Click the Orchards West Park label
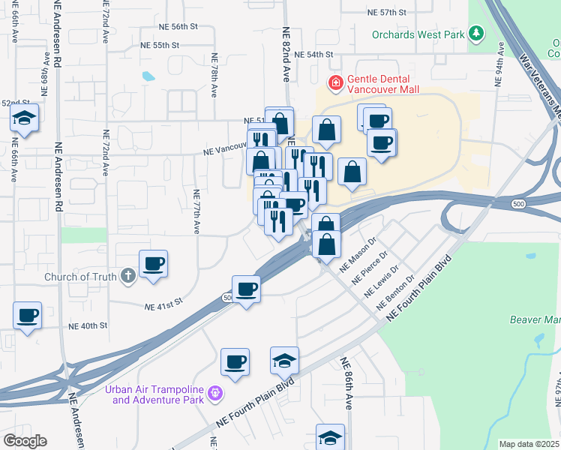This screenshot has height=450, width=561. pos(418,34)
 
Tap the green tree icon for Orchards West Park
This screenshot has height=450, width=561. pos(475,34)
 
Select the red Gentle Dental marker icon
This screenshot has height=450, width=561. pos(335,82)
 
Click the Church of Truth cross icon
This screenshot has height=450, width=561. pos(128,276)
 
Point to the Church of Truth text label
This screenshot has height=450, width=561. pos(80,277)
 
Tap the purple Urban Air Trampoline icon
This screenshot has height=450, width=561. pos(215,391)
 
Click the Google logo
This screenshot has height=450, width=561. pos(24,441)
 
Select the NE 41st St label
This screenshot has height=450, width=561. pos(163,305)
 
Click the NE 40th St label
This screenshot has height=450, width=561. pos(88,326)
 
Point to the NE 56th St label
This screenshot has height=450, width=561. pos(178,25)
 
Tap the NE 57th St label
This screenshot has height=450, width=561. pos(387,13)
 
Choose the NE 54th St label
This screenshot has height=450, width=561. pos(313,55)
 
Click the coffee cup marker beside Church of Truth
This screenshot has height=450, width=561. pos(153,264)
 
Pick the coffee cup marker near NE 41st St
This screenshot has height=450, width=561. pos(245,289)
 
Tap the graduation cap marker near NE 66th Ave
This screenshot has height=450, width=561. pos(25,118)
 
